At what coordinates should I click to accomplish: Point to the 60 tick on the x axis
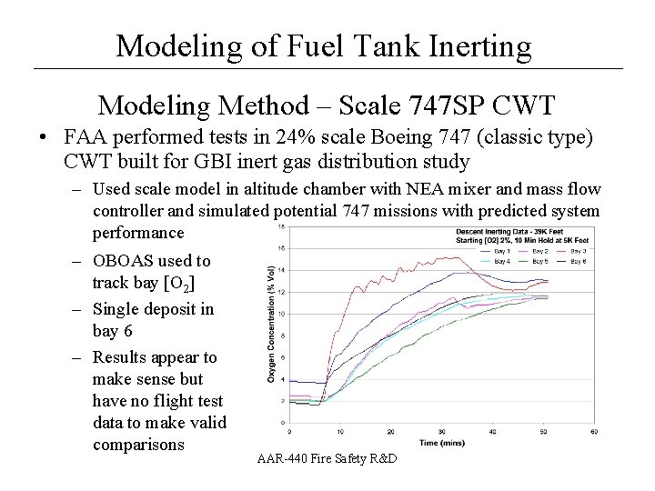coord(594,431)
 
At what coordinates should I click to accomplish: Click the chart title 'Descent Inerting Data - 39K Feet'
coord(521,231)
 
